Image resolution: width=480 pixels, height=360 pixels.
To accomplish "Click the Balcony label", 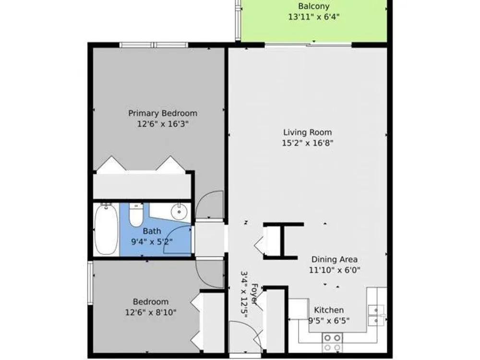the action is point(314,6).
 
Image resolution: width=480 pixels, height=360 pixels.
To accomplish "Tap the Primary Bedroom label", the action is point(163,114).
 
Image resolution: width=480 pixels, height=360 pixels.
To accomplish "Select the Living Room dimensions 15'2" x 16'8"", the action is point(307,143).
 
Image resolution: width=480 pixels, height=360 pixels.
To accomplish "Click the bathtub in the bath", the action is point(106,228).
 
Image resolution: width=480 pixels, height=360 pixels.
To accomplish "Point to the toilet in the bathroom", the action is point(136,215).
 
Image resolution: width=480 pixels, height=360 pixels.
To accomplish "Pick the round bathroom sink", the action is point(179,212).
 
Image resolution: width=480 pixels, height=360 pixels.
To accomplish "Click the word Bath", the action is point(152,231).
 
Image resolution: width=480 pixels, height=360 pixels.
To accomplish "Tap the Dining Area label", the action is point(334,259).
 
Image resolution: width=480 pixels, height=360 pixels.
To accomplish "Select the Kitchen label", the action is point(329,310).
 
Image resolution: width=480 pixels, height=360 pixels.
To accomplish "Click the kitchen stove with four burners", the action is point(333,343).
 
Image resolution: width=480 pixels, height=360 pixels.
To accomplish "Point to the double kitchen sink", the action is point(377,315).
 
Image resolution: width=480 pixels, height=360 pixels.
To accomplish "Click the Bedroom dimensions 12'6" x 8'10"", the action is point(151,312).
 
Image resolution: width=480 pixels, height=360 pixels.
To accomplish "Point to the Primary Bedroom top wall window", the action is point(154,45).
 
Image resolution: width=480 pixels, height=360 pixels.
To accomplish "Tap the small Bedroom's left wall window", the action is point(90,283).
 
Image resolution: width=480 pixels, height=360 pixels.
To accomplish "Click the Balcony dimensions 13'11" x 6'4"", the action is point(314,17).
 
